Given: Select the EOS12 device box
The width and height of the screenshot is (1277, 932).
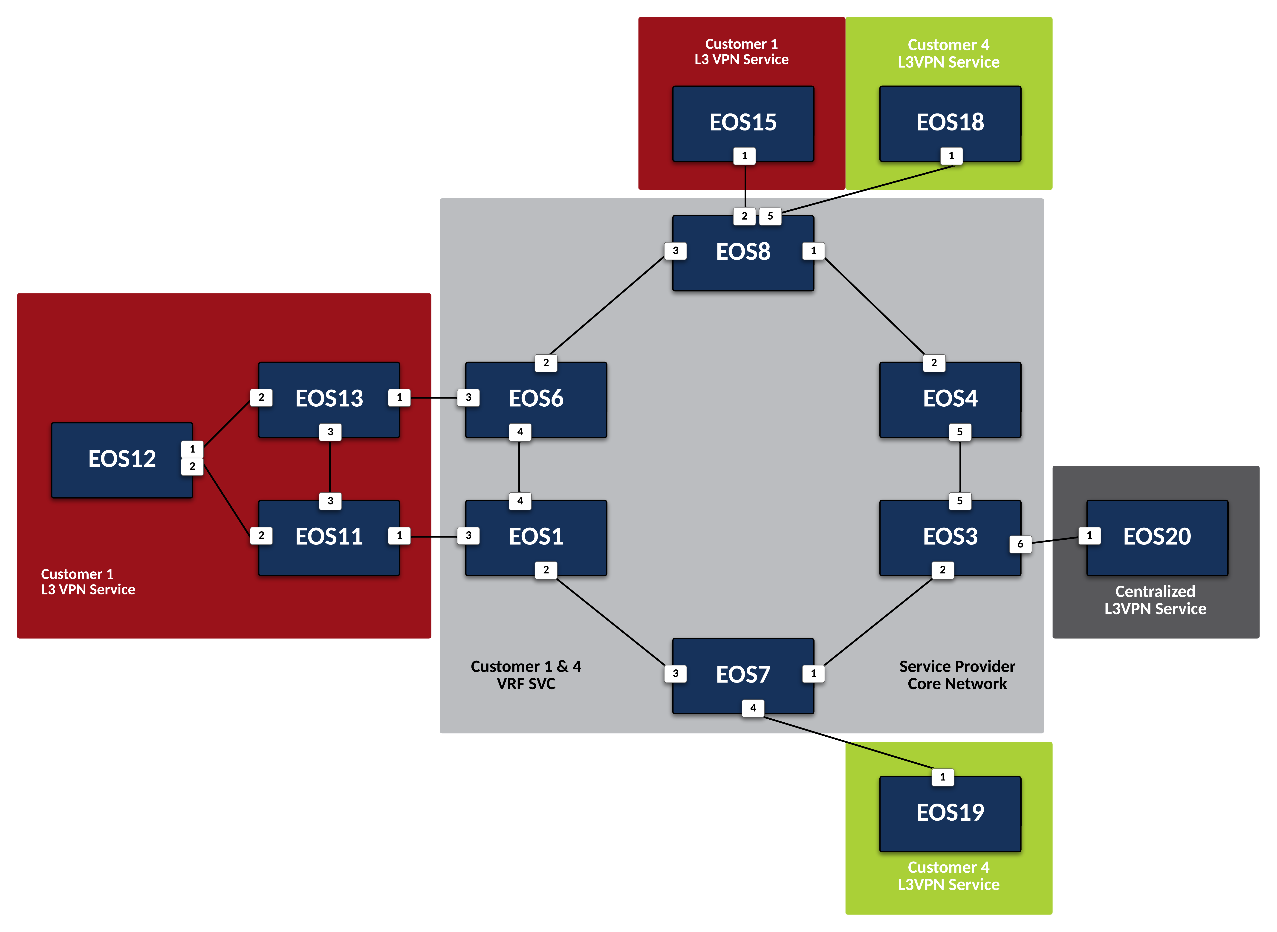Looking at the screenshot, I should (x=122, y=460).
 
